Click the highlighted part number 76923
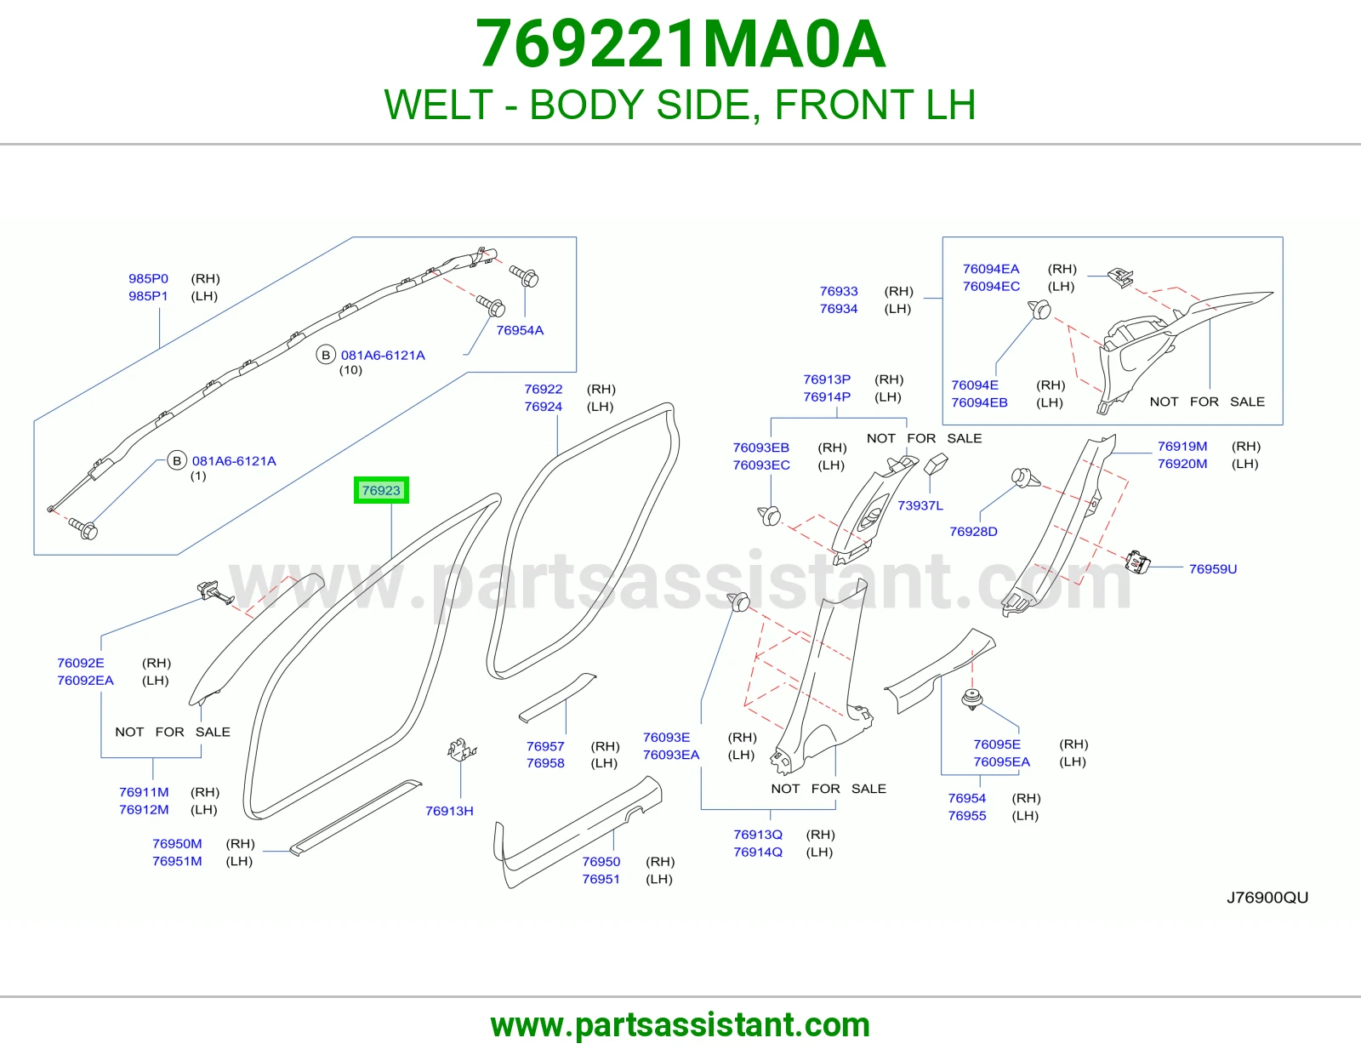pos(381,490)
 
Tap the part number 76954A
pos(520,330)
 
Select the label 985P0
pos(149,278)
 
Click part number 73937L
pos(920,505)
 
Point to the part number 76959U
pos(1213,569)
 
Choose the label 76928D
pos(973,531)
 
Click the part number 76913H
pos(449,811)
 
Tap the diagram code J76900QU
pos(1267,898)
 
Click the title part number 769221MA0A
pos(680,44)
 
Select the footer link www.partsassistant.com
pos(680,1025)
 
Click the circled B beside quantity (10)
pos(326,356)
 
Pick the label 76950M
pos(177,843)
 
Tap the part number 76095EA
pos(1001,761)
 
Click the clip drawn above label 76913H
pos(462,750)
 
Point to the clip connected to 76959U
pos(1137,562)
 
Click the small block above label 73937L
pos(936,464)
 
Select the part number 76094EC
pos(991,287)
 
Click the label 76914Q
pos(758,852)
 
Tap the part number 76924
pos(543,407)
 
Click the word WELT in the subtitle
pos(438,105)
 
